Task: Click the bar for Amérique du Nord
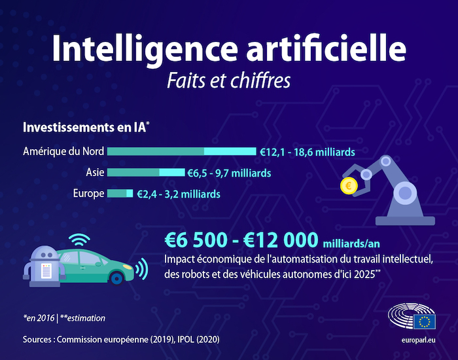coord(181,152)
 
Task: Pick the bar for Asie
coord(145,173)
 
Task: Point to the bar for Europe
coord(120,194)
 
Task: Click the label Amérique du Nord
coord(63,152)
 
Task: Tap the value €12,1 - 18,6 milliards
coord(307,152)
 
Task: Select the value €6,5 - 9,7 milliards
coord(228,173)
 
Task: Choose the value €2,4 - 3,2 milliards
coord(178,194)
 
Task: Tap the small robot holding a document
coord(43,264)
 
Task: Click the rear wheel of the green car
coord(116,276)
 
